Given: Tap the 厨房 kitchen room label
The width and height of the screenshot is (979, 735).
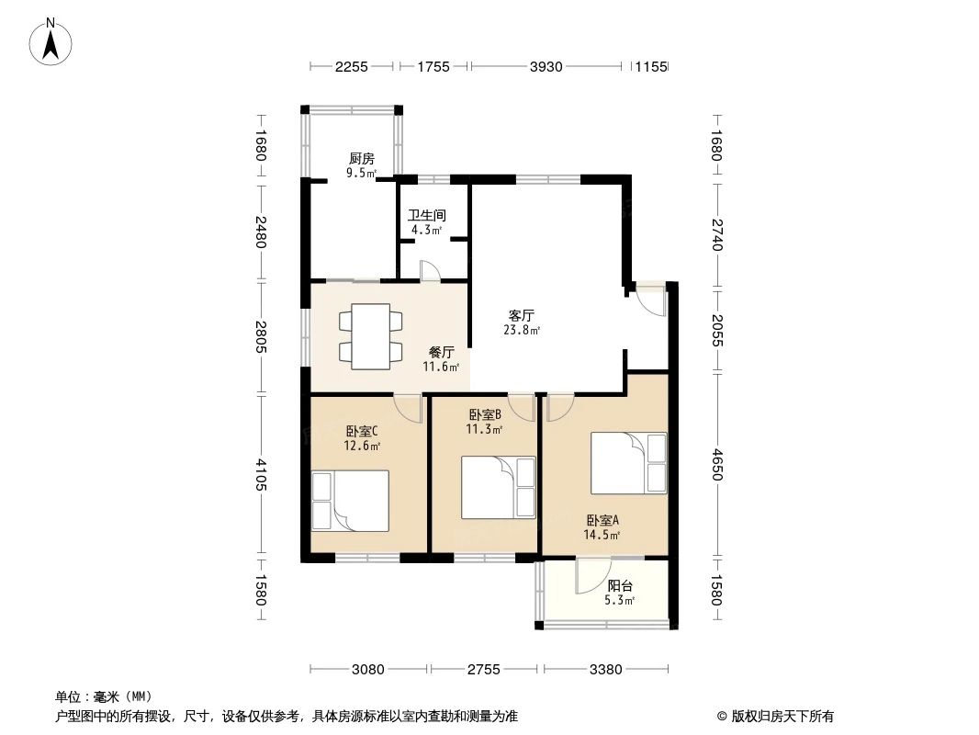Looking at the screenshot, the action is point(362,159).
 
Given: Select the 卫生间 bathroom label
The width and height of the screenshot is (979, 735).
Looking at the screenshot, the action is point(426,215).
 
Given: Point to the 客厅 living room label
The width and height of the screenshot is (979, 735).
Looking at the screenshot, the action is point(522,315).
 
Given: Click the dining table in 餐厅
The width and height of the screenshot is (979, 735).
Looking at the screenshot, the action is point(370,336).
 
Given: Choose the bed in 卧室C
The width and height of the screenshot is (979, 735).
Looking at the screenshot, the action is point(350,501).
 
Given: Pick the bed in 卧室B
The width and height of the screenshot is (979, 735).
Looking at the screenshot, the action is point(499,488).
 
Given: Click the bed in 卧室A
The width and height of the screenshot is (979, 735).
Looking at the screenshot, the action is point(629,463).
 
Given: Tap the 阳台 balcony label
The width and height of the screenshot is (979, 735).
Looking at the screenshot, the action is point(620,586).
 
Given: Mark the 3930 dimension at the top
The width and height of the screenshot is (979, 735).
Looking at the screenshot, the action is point(546,67).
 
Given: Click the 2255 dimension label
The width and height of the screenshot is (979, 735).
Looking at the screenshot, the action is point(352,67).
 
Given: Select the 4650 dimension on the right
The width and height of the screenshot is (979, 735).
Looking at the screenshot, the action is point(716,464).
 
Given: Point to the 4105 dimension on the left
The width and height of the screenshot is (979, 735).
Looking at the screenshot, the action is point(261,475).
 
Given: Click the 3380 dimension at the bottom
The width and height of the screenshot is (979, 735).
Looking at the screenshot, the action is point(605,670).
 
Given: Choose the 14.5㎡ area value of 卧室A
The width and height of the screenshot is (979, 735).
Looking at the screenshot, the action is point(602,535).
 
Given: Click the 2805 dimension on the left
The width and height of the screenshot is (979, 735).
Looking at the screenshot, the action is point(261,336).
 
